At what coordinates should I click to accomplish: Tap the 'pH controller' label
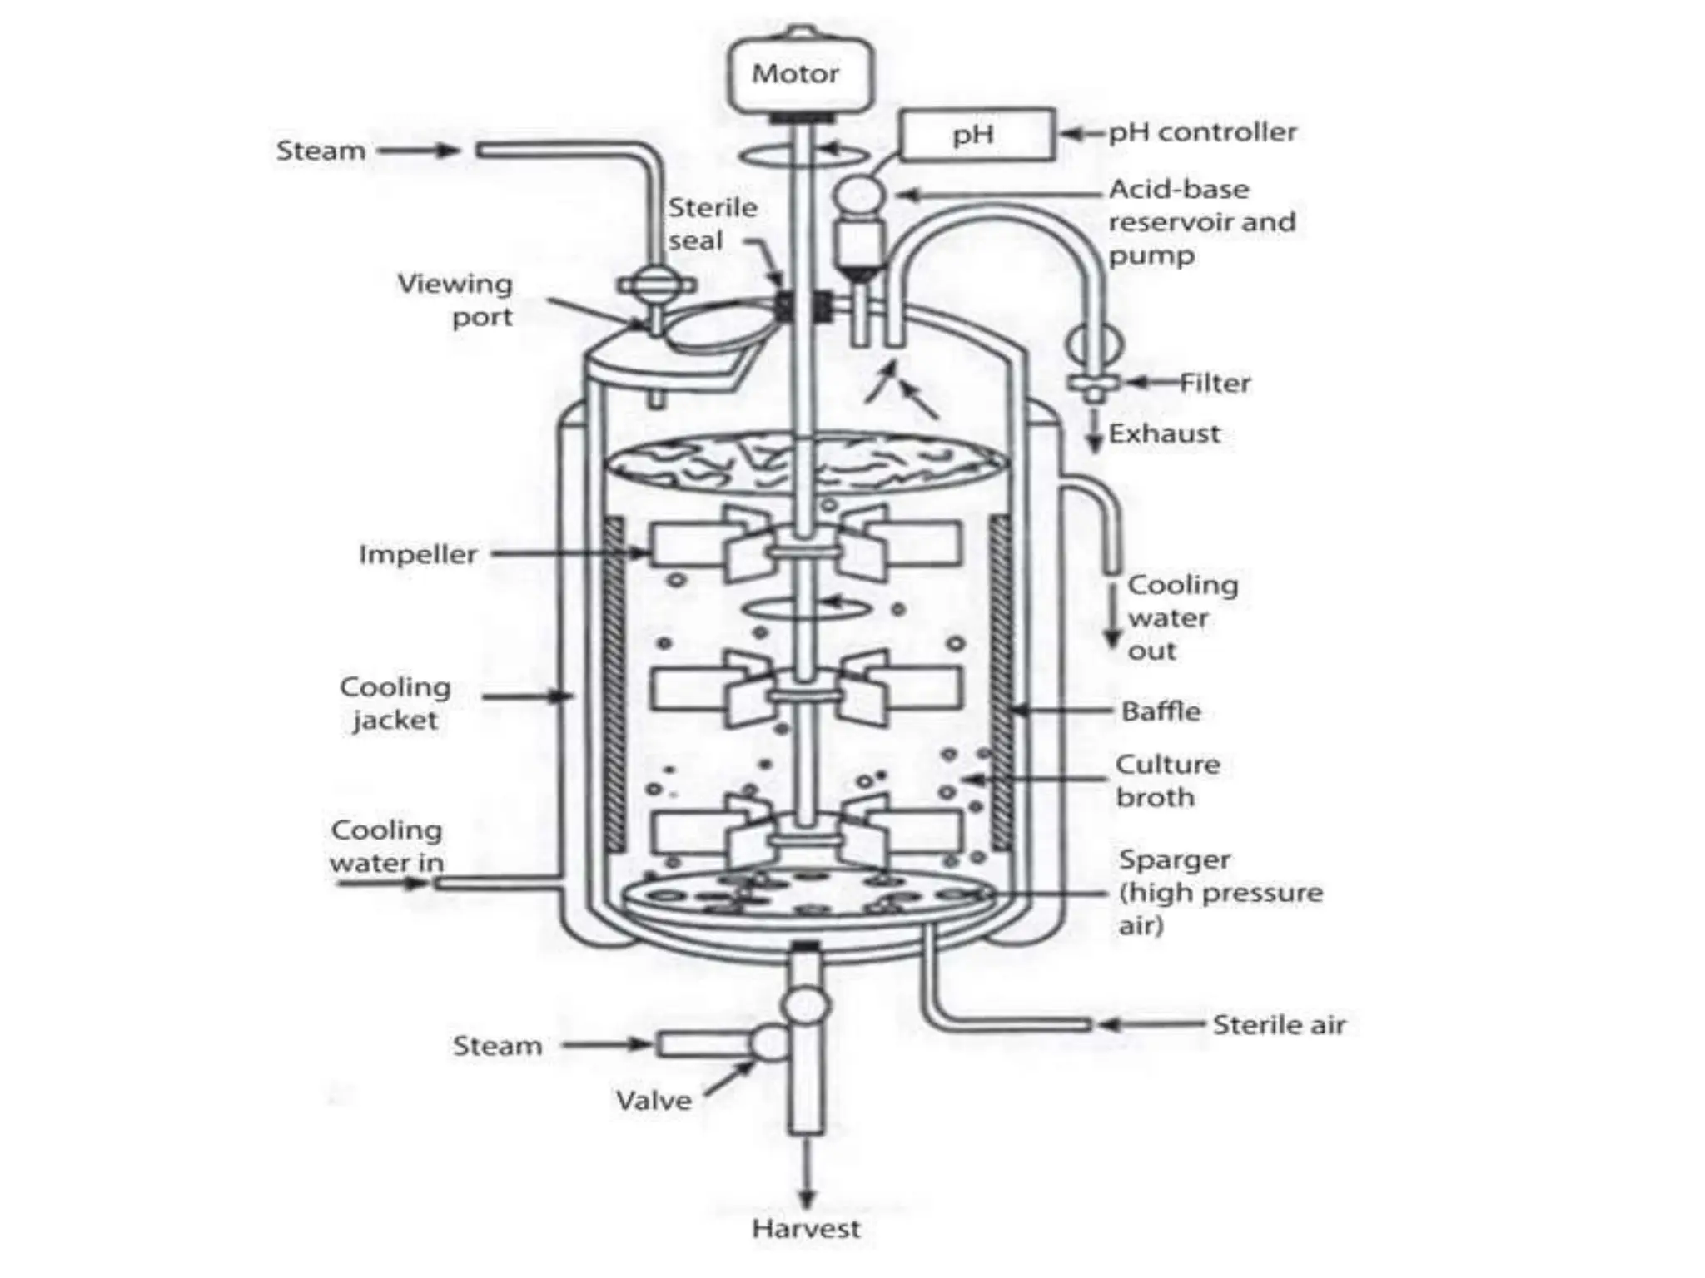1202,131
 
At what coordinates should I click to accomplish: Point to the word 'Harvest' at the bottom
805,1228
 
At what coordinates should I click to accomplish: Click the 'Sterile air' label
1278,1024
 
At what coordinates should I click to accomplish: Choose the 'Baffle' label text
1161,711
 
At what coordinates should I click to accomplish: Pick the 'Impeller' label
418,554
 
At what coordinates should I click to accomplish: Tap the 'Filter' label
1215,383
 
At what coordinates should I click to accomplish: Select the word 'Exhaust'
1164,433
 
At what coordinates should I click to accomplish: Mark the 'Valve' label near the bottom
654,1101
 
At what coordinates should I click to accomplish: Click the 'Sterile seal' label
712,224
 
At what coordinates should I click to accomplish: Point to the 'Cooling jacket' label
395,703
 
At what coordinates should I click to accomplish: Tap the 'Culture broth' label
1167,780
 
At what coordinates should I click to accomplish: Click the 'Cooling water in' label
386,846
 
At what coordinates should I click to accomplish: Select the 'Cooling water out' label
1181,617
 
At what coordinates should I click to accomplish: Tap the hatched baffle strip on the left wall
614,682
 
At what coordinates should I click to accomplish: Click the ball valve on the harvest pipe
806,1006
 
